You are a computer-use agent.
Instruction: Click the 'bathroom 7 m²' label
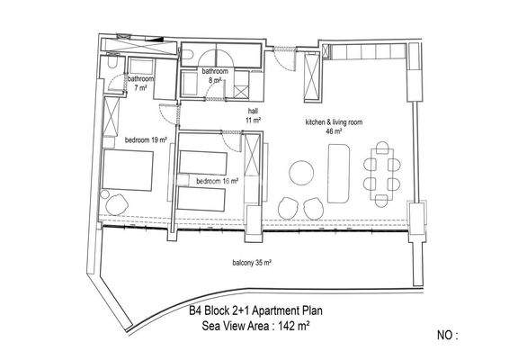point(138,84)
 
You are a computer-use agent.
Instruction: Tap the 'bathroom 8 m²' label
point(214,75)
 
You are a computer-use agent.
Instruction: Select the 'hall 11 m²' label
point(253,114)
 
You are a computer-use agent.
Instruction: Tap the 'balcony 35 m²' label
point(251,263)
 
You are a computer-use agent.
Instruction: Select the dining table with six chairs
point(379,170)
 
